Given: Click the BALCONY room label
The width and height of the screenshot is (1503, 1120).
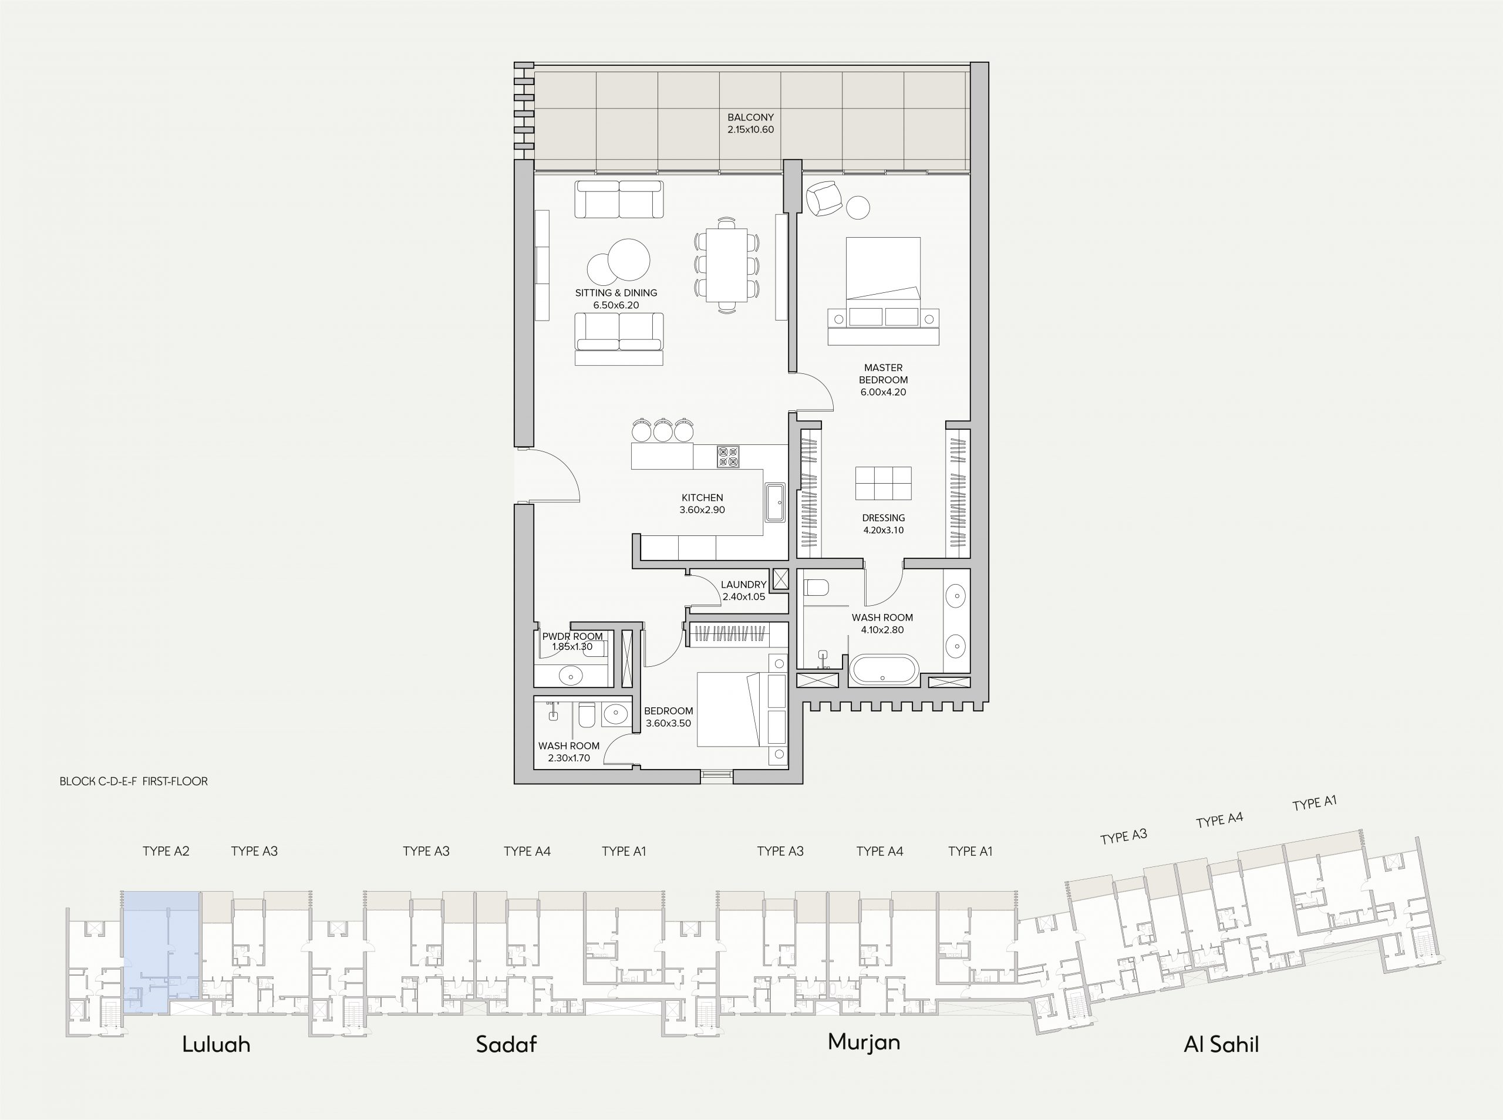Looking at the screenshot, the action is (x=750, y=117).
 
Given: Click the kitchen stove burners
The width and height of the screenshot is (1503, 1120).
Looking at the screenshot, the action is (x=728, y=456).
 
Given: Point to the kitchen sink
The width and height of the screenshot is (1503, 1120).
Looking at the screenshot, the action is (x=775, y=502).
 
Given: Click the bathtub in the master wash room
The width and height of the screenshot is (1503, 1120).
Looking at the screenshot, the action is (x=884, y=669).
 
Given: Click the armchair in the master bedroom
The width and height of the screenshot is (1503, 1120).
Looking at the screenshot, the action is (x=824, y=198).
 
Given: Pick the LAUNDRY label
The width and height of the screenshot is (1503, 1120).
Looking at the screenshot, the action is (x=743, y=585).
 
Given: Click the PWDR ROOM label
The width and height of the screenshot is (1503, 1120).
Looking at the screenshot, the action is (x=572, y=636).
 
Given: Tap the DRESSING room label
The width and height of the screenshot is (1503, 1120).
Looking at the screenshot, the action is (x=884, y=518).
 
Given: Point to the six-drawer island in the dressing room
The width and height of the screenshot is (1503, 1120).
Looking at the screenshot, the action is (x=884, y=483).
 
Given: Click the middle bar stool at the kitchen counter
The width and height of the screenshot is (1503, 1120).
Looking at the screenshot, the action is (x=662, y=430).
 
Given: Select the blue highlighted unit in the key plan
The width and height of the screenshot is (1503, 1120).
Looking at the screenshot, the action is (x=161, y=952).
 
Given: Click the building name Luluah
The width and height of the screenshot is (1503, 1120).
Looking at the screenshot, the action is (x=216, y=1044).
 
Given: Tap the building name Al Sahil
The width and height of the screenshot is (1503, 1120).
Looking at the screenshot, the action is (x=1221, y=1044).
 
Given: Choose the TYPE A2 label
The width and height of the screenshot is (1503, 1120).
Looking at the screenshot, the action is (x=166, y=851).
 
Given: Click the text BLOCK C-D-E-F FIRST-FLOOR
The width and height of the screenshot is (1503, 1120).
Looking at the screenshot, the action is (x=133, y=781).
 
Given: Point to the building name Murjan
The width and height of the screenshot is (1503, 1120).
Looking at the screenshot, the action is (x=864, y=1041).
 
